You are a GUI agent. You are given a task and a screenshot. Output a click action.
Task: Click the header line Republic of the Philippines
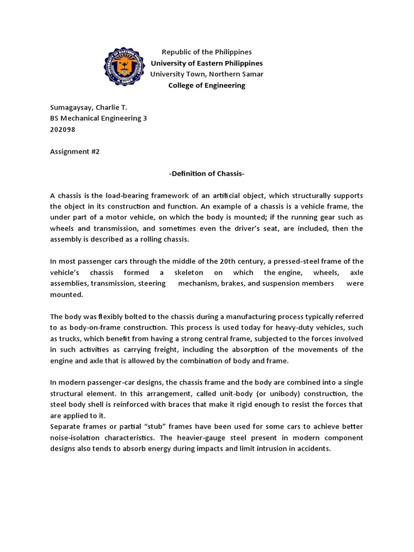click(207, 52)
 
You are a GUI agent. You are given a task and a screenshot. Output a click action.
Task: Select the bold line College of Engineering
click(207, 85)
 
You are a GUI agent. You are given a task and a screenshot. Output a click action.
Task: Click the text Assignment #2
click(75, 151)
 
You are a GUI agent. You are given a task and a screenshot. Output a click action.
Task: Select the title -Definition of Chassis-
click(206, 173)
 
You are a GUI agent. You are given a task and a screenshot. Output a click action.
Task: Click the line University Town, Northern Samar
click(207, 74)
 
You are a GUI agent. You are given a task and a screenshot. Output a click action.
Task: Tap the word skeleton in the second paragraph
click(188, 272)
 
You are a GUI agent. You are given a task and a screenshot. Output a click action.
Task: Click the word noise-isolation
click(75, 437)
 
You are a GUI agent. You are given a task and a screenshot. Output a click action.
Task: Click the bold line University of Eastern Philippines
click(207, 63)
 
